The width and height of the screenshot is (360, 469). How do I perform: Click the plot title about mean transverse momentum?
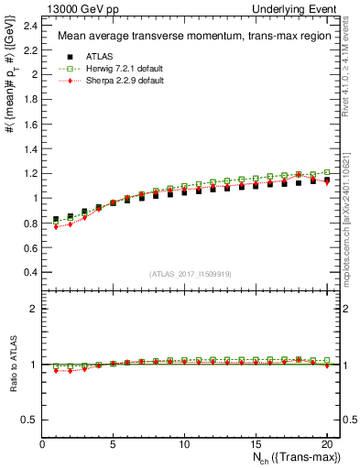point(182,37)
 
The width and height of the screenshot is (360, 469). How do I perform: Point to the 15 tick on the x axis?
point(256,446)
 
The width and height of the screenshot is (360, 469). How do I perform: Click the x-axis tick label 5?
point(114,446)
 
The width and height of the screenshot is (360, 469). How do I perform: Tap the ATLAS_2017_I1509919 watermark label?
point(183,274)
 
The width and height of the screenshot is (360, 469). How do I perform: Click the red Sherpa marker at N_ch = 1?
point(57,226)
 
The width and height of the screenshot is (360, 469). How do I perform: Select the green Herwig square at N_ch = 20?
point(326,172)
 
